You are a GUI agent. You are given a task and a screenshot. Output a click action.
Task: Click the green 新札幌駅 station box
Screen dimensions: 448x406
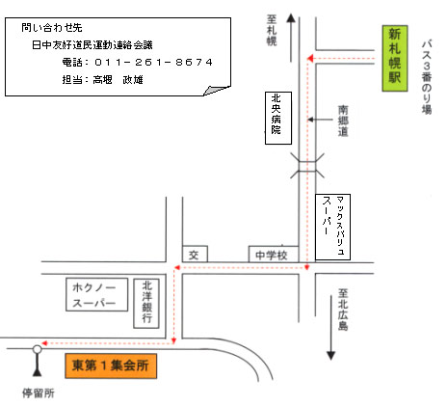tap(395, 59)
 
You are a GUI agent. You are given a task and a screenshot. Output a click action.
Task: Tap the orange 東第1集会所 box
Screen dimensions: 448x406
tap(111, 365)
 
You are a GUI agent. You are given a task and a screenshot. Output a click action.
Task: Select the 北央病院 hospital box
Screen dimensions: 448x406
tap(278, 118)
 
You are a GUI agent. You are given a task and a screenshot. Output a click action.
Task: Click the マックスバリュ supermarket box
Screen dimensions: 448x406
tap(332, 227)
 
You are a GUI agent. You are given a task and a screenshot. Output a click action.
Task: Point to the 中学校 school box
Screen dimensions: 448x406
tap(274, 255)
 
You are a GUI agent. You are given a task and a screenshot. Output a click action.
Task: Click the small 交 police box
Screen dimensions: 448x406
tap(195, 255)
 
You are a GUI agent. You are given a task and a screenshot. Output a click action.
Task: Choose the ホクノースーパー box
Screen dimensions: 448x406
tap(96, 295)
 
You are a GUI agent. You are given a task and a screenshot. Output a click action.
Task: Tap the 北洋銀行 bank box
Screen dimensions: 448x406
tap(146, 304)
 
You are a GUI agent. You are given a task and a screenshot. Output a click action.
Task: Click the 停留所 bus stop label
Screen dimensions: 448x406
tap(39, 393)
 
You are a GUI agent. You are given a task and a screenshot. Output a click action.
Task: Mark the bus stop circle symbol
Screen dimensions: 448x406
tap(38, 349)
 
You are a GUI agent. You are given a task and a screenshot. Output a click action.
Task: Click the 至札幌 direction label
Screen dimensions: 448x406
tap(272, 30)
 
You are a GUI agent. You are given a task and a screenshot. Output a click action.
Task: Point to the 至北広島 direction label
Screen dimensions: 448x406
tap(343, 310)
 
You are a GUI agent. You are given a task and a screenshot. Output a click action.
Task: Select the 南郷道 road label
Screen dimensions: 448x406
tap(343, 121)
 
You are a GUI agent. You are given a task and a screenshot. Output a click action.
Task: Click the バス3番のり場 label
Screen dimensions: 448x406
tap(427, 77)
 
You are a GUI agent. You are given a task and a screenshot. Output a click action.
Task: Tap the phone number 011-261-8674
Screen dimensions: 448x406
tap(154, 62)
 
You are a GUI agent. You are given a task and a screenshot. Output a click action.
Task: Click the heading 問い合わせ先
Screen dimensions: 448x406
tap(52, 28)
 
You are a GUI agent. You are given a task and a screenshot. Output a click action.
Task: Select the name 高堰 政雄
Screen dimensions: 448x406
tap(118, 79)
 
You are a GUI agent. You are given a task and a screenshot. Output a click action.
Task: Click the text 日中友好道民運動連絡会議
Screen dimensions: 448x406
tap(92, 45)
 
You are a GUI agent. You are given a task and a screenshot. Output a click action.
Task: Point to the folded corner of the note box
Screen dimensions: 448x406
tap(217, 90)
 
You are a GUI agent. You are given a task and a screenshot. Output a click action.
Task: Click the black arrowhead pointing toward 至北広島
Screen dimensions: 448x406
tap(331, 356)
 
